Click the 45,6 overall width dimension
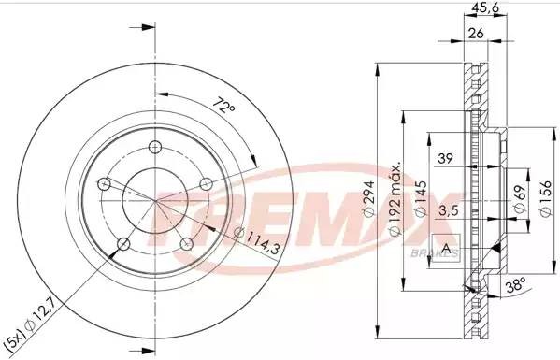click(x=483, y=11)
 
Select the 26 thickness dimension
click(x=475, y=35)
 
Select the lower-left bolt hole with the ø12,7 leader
click(x=122, y=244)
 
